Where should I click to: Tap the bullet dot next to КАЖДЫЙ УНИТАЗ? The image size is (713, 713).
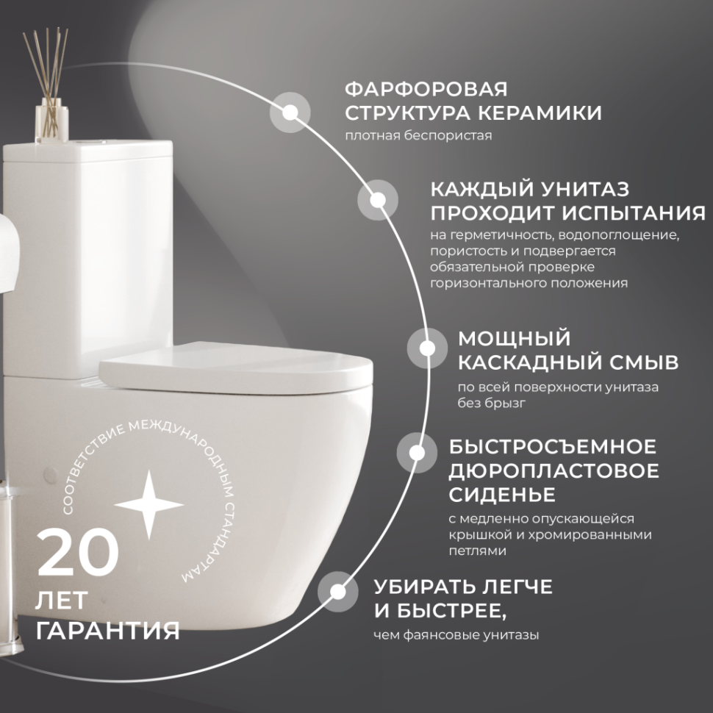378,200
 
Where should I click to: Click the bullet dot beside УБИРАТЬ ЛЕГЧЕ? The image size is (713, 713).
338,591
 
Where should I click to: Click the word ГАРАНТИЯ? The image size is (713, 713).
107,631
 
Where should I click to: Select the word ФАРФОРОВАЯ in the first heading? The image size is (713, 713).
426,90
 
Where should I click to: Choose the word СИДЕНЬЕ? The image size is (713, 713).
501,493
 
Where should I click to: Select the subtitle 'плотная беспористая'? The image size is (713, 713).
418,137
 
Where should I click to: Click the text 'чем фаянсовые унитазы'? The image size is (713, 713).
456,635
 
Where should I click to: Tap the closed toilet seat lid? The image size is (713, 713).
235,372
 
